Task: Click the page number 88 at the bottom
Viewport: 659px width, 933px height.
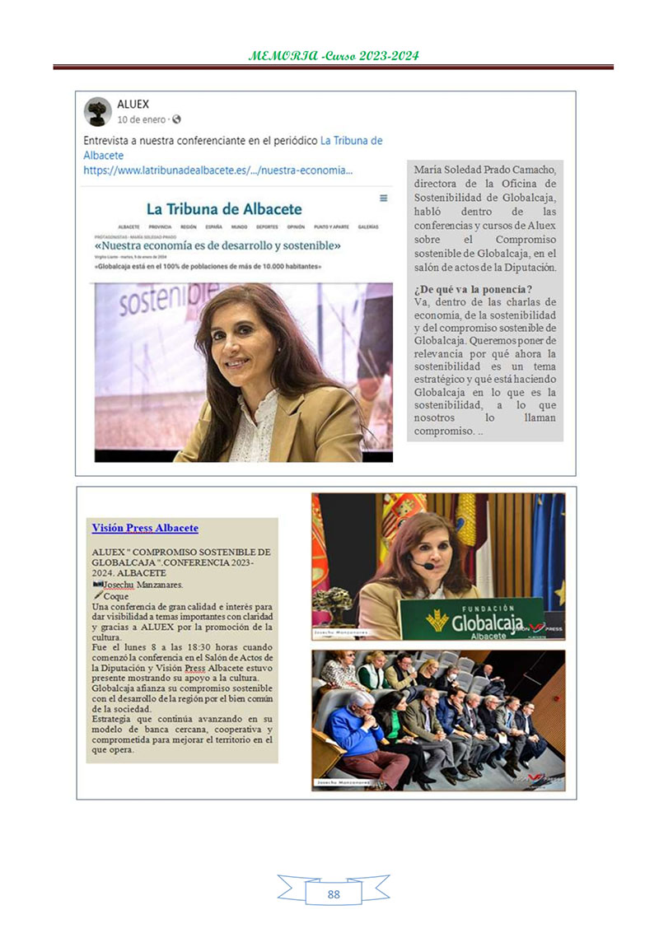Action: point(333,893)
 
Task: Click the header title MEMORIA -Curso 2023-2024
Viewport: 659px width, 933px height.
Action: point(333,56)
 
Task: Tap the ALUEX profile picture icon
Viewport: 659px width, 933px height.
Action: point(98,111)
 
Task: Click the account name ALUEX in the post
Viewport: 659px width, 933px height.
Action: point(133,105)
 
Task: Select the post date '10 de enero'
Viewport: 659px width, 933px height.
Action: point(142,119)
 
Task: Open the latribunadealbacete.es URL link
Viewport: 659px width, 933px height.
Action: point(218,170)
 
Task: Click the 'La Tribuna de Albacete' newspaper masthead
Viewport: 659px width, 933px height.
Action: point(224,209)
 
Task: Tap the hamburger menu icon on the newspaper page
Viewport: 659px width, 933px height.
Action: point(383,198)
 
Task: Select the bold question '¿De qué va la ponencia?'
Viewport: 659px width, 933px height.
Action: point(473,289)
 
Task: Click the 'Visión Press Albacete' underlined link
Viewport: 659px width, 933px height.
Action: point(145,528)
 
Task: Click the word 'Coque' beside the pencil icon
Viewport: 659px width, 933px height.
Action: point(116,595)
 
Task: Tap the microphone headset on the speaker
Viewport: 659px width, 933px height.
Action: point(423,566)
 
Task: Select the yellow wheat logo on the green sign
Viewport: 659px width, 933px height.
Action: point(437,619)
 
